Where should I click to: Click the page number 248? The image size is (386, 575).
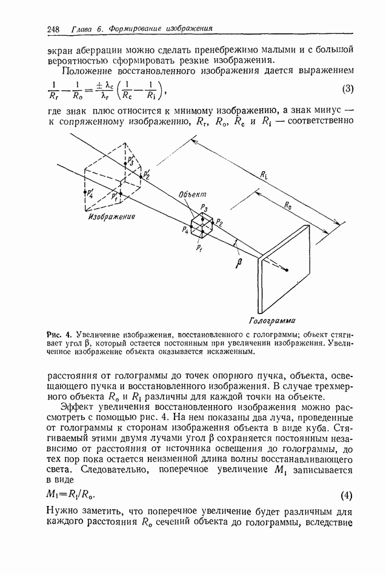(53, 28)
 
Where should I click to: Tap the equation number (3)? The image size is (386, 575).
(347, 90)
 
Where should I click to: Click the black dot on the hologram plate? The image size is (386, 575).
(288, 271)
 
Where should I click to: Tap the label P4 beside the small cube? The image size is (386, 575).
(184, 230)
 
